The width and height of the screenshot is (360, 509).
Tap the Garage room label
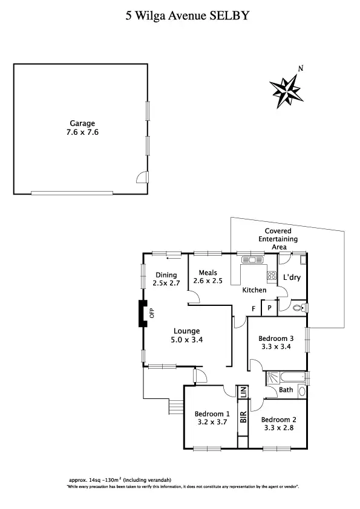[x=82, y=123]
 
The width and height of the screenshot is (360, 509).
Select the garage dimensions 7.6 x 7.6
[x=82, y=132]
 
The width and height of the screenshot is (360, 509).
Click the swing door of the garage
[x=141, y=176]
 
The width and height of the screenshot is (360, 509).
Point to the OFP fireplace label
[x=152, y=313]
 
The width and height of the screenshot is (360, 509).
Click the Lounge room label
[x=187, y=331]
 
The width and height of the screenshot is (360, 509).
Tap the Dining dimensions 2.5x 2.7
[x=165, y=283]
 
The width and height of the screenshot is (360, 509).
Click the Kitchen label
[x=254, y=290]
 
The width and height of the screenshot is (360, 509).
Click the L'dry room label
[x=292, y=278]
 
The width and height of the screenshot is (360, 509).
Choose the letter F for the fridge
[x=254, y=308]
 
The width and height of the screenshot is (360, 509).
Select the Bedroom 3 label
[x=276, y=338]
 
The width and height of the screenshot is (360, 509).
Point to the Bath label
[x=286, y=390]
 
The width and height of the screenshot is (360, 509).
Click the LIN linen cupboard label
[x=243, y=392]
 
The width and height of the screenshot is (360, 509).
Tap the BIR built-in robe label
[x=243, y=417]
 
